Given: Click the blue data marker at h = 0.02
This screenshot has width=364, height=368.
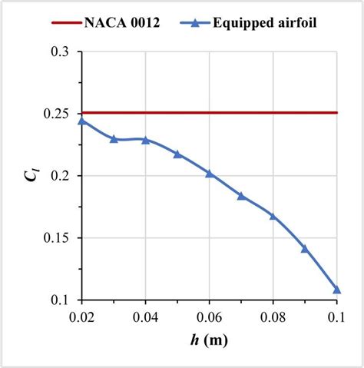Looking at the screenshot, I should [82, 121].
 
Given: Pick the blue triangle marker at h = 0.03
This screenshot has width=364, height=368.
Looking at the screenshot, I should [114, 139].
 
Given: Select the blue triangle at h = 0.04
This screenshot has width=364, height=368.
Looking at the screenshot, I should [146, 140].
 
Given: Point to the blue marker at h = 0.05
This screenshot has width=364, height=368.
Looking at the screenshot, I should [177, 154].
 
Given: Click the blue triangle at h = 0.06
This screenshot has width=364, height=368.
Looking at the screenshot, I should [210, 174].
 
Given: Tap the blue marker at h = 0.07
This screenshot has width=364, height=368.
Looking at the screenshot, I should [241, 196].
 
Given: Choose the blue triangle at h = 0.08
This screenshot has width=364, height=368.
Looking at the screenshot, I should [273, 216].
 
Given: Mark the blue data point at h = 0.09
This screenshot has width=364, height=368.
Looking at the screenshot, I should [305, 249].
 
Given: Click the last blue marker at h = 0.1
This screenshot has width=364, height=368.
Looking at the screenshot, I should [336, 290].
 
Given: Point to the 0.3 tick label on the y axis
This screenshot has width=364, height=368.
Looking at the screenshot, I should [62, 51].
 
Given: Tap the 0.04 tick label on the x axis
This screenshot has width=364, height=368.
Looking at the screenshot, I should [146, 316].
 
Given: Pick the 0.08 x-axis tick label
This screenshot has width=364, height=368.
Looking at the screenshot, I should [273, 316].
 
